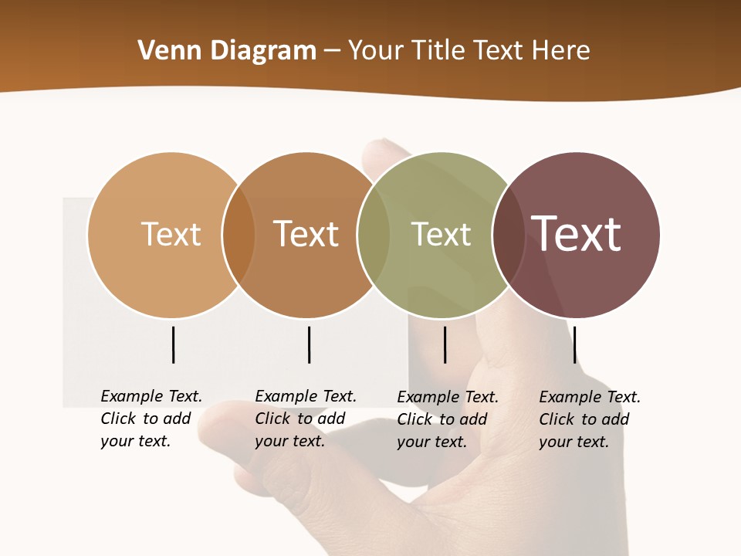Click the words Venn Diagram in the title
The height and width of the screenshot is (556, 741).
227,51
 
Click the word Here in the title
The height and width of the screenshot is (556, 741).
560,51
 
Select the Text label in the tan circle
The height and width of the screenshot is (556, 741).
171,234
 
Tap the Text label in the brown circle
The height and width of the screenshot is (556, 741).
306,234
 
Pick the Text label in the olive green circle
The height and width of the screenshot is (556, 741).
441,234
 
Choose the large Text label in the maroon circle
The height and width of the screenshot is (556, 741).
577,233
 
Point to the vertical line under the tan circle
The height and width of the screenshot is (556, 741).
174,344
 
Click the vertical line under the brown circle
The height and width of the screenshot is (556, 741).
309,344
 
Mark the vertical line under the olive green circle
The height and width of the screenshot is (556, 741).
445,344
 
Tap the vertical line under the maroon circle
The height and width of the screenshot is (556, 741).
574,344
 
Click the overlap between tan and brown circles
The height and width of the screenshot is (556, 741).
239,235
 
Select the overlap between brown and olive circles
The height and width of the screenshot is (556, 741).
374,235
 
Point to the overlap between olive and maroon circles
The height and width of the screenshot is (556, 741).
509,235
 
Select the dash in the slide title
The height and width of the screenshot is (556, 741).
332,52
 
